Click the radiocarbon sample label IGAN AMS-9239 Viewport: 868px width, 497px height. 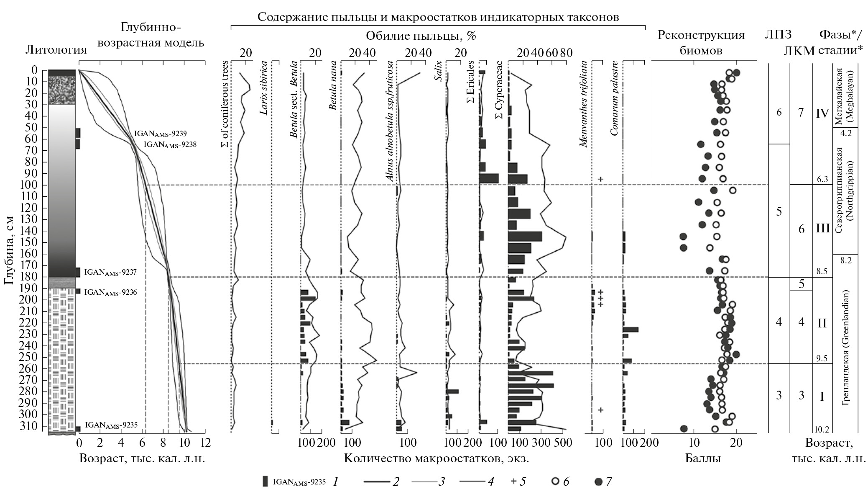click(x=160, y=134)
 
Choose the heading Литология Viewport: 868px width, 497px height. click(x=56, y=50)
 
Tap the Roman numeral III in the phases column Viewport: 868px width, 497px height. click(x=822, y=229)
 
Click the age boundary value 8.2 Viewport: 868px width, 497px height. click(x=845, y=260)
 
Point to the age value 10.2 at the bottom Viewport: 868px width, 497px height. click(x=822, y=429)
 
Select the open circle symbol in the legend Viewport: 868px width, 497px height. click(x=555, y=482)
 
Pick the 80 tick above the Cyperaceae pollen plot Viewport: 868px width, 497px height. click(x=566, y=53)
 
